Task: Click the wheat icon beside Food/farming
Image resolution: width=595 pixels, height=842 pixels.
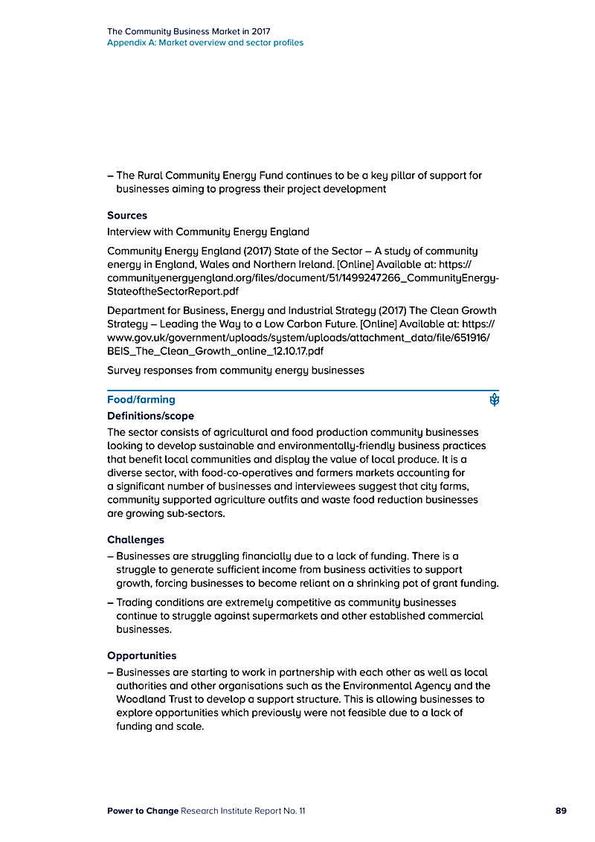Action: pyautogui.click(x=494, y=400)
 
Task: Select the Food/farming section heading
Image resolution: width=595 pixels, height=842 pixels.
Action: pyautogui.click(x=141, y=399)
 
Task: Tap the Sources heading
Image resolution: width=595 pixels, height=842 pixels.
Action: pyautogui.click(x=127, y=216)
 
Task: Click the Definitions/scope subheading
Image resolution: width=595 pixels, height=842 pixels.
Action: pyautogui.click(x=150, y=416)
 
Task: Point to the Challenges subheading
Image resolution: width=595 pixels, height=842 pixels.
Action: pyautogui.click(x=135, y=539)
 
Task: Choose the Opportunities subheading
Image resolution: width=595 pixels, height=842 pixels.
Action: pyautogui.click(x=141, y=655)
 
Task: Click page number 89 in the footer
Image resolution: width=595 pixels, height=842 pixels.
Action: pyautogui.click(x=561, y=811)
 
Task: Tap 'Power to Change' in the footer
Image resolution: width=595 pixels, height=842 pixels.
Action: pyautogui.click(x=143, y=811)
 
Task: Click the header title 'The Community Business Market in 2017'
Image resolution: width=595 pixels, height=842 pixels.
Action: pyautogui.click(x=188, y=31)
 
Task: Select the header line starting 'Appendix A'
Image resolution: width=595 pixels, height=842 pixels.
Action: pyautogui.click(x=205, y=42)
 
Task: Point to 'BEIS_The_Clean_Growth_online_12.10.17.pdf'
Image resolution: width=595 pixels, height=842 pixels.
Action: pyautogui.click(x=215, y=350)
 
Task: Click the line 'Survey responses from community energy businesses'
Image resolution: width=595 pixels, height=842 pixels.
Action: pyautogui.click(x=236, y=370)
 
